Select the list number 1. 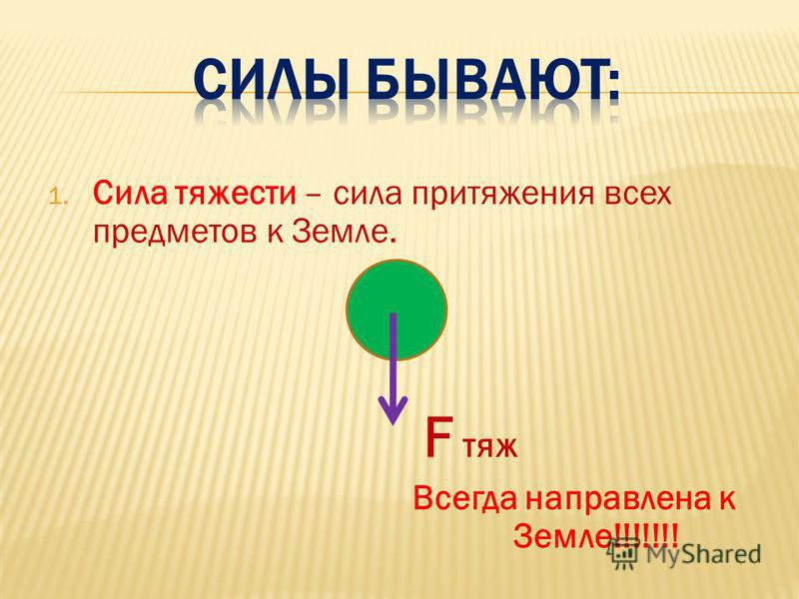click(x=56, y=197)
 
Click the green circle click(x=397, y=309)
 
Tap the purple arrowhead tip click(x=393, y=423)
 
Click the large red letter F click(x=438, y=437)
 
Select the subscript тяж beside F click(x=489, y=446)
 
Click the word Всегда click(x=464, y=500)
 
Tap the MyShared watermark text click(x=703, y=555)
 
